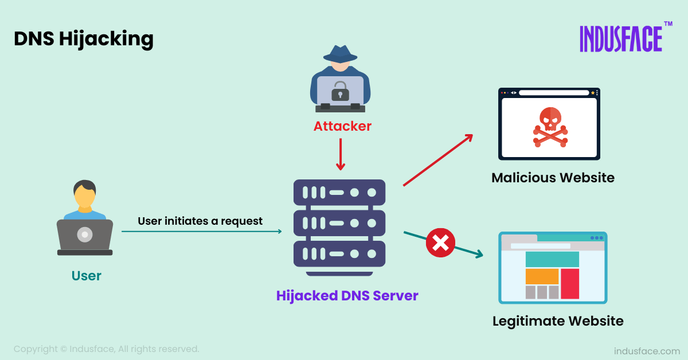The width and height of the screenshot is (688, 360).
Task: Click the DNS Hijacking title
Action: pos(84,38)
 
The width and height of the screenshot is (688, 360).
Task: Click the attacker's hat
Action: pos(340,53)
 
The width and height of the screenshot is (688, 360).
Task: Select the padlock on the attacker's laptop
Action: pos(340,91)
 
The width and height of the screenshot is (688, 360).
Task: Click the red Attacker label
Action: pos(342,126)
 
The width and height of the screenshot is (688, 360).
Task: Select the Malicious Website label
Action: pos(553,178)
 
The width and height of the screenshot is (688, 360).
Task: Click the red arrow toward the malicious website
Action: pos(438,160)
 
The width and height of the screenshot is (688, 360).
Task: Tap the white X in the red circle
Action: pos(440,243)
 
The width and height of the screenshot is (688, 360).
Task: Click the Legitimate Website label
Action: pos(558,321)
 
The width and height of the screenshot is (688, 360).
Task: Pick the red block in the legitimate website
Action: pos(569,283)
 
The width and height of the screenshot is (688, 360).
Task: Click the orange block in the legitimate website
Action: pos(542,276)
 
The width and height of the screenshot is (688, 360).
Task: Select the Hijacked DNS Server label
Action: pos(347,296)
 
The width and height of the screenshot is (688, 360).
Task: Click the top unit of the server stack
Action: pos(339,193)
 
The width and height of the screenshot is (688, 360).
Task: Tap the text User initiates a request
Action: pos(200,221)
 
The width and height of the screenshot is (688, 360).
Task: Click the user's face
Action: pos(85,198)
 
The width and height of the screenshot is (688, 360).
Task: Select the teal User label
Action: pos(86,276)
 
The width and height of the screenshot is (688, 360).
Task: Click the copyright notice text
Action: pos(107,349)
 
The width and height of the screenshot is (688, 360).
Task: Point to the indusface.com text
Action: pos(646,351)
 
